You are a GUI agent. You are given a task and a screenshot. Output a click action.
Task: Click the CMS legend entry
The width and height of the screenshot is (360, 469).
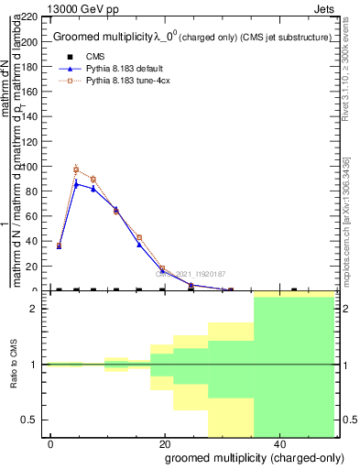point(95,55)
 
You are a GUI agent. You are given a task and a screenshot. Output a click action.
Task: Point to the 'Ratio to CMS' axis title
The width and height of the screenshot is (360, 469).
point(15,364)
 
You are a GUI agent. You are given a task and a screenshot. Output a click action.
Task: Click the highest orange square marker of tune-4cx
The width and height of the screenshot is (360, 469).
point(76,170)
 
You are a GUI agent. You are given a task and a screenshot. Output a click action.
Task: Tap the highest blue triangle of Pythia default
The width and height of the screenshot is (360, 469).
point(76,184)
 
